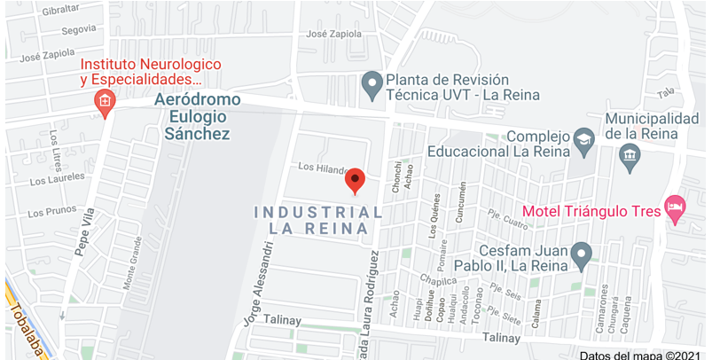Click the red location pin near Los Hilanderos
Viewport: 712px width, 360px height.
[x=355, y=180]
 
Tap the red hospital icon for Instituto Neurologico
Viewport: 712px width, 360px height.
[x=105, y=103]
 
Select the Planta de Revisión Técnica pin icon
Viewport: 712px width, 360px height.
[x=373, y=86]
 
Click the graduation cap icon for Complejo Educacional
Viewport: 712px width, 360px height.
[x=583, y=140]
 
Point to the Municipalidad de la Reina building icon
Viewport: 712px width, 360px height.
[x=630, y=159]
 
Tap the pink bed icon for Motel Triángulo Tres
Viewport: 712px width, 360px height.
[x=675, y=209]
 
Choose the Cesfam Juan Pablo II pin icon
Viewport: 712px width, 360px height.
[x=582, y=255]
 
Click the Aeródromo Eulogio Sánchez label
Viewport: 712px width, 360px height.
[x=197, y=116]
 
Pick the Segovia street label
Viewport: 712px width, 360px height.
[x=78, y=29]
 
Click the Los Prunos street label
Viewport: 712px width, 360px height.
[x=52, y=213]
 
